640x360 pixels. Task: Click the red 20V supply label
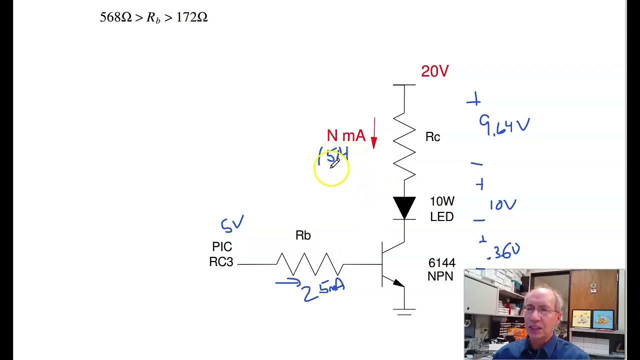click(434, 71)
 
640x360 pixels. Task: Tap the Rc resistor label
click(432, 137)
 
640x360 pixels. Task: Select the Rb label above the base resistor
click(303, 235)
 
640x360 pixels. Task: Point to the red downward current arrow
click(374, 133)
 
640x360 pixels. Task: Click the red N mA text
click(346, 136)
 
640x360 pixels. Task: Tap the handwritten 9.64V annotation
click(504, 125)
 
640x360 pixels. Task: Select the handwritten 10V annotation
click(502, 205)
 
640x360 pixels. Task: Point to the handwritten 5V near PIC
click(232, 224)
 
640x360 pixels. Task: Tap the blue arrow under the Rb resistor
click(287, 283)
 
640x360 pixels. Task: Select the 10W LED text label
click(442, 209)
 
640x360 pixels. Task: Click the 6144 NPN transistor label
click(441, 269)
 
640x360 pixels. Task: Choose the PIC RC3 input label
click(221, 254)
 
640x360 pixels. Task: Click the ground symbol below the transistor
click(404, 311)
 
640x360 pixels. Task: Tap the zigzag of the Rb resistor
click(310, 264)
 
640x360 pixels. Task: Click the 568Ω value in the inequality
click(115, 17)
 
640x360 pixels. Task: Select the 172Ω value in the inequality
click(192, 17)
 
